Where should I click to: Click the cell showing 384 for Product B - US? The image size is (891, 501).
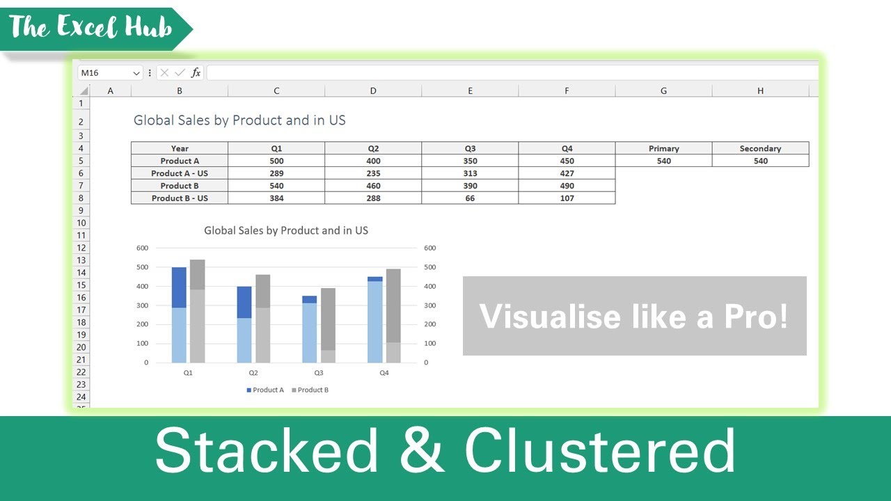click(x=276, y=198)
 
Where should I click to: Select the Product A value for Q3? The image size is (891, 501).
click(x=470, y=161)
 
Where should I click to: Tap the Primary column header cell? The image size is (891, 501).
click(x=663, y=148)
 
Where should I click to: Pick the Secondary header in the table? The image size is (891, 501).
click(x=760, y=148)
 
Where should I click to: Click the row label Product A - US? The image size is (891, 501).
click(x=180, y=173)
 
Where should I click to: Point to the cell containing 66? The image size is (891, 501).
click(x=470, y=198)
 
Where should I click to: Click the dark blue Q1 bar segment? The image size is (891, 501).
click(x=179, y=287)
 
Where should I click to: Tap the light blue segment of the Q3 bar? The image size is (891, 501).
click(x=310, y=333)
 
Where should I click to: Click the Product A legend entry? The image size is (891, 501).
click(x=265, y=390)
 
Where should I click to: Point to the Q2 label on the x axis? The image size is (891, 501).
click(x=253, y=374)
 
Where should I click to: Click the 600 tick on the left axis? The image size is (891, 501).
click(x=143, y=248)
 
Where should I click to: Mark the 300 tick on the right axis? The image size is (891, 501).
click(x=429, y=305)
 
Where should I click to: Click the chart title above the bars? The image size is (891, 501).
click(x=285, y=230)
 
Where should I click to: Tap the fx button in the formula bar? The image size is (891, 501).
click(x=196, y=72)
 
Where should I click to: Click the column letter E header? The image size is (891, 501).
click(x=470, y=90)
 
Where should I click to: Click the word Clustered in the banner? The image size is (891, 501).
click(x=599, y=452)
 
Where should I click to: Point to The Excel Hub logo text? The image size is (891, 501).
click(x=90, y=28)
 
